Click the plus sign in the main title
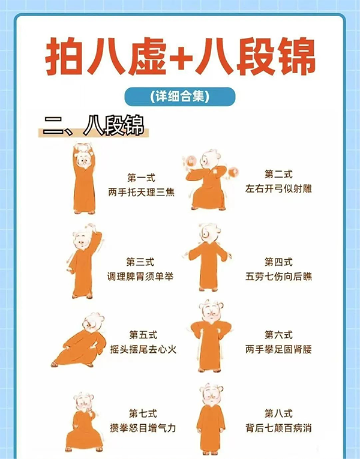click(181, 58)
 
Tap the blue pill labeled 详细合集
click(180, 97)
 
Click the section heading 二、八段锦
click(94, 126)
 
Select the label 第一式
click(141, 178)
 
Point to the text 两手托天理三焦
click(141, 192)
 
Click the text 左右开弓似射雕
click(278, 188)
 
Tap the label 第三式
click(140, 262)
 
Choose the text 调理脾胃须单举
click(140, 276)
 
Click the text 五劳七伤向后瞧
click(278, 276)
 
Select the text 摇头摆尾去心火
click(143, 349)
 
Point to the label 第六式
click(278, 335)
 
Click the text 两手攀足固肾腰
click(278, 349)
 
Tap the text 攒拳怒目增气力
click(143, 428)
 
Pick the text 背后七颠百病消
click(278, 428)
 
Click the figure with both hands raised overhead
click(84, 179)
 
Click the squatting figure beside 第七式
click(83, 423)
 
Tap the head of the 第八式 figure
click(211, 394)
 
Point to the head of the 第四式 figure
click(209, 233)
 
